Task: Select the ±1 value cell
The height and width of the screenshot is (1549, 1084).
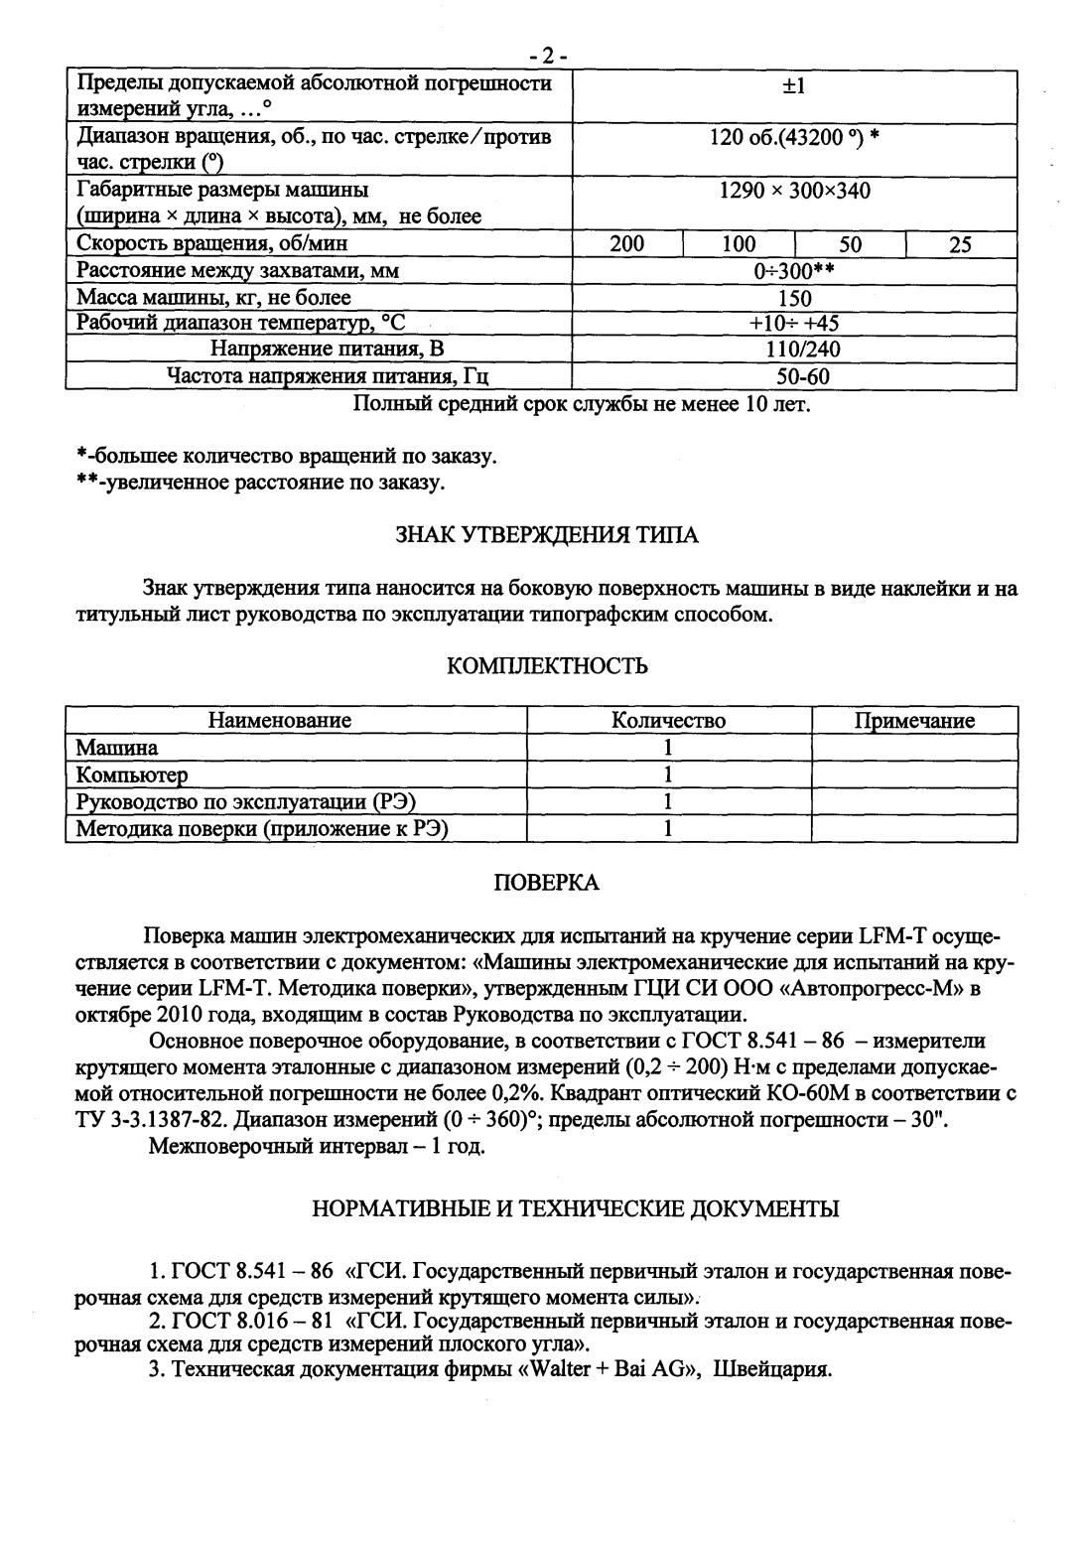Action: point(794,86)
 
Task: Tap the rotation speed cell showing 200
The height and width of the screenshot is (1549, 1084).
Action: point(626,244)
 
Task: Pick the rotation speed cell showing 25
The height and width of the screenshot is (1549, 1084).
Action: point(959,244)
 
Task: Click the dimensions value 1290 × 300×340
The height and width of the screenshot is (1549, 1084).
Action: point(794,191)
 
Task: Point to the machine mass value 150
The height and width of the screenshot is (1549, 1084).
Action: point(794,298)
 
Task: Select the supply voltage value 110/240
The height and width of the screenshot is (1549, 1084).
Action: point(794,350)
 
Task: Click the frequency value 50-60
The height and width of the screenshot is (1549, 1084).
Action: point(794,376)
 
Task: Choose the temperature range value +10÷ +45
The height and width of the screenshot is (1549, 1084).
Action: point(794,324)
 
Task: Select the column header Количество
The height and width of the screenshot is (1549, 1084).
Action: point(668,721)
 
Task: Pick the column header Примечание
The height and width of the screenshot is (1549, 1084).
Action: point(914,721)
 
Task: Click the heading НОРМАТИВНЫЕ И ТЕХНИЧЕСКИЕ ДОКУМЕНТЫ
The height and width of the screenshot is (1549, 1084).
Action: point(576,1208)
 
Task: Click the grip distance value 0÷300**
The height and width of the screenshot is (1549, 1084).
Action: point(794,271)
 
